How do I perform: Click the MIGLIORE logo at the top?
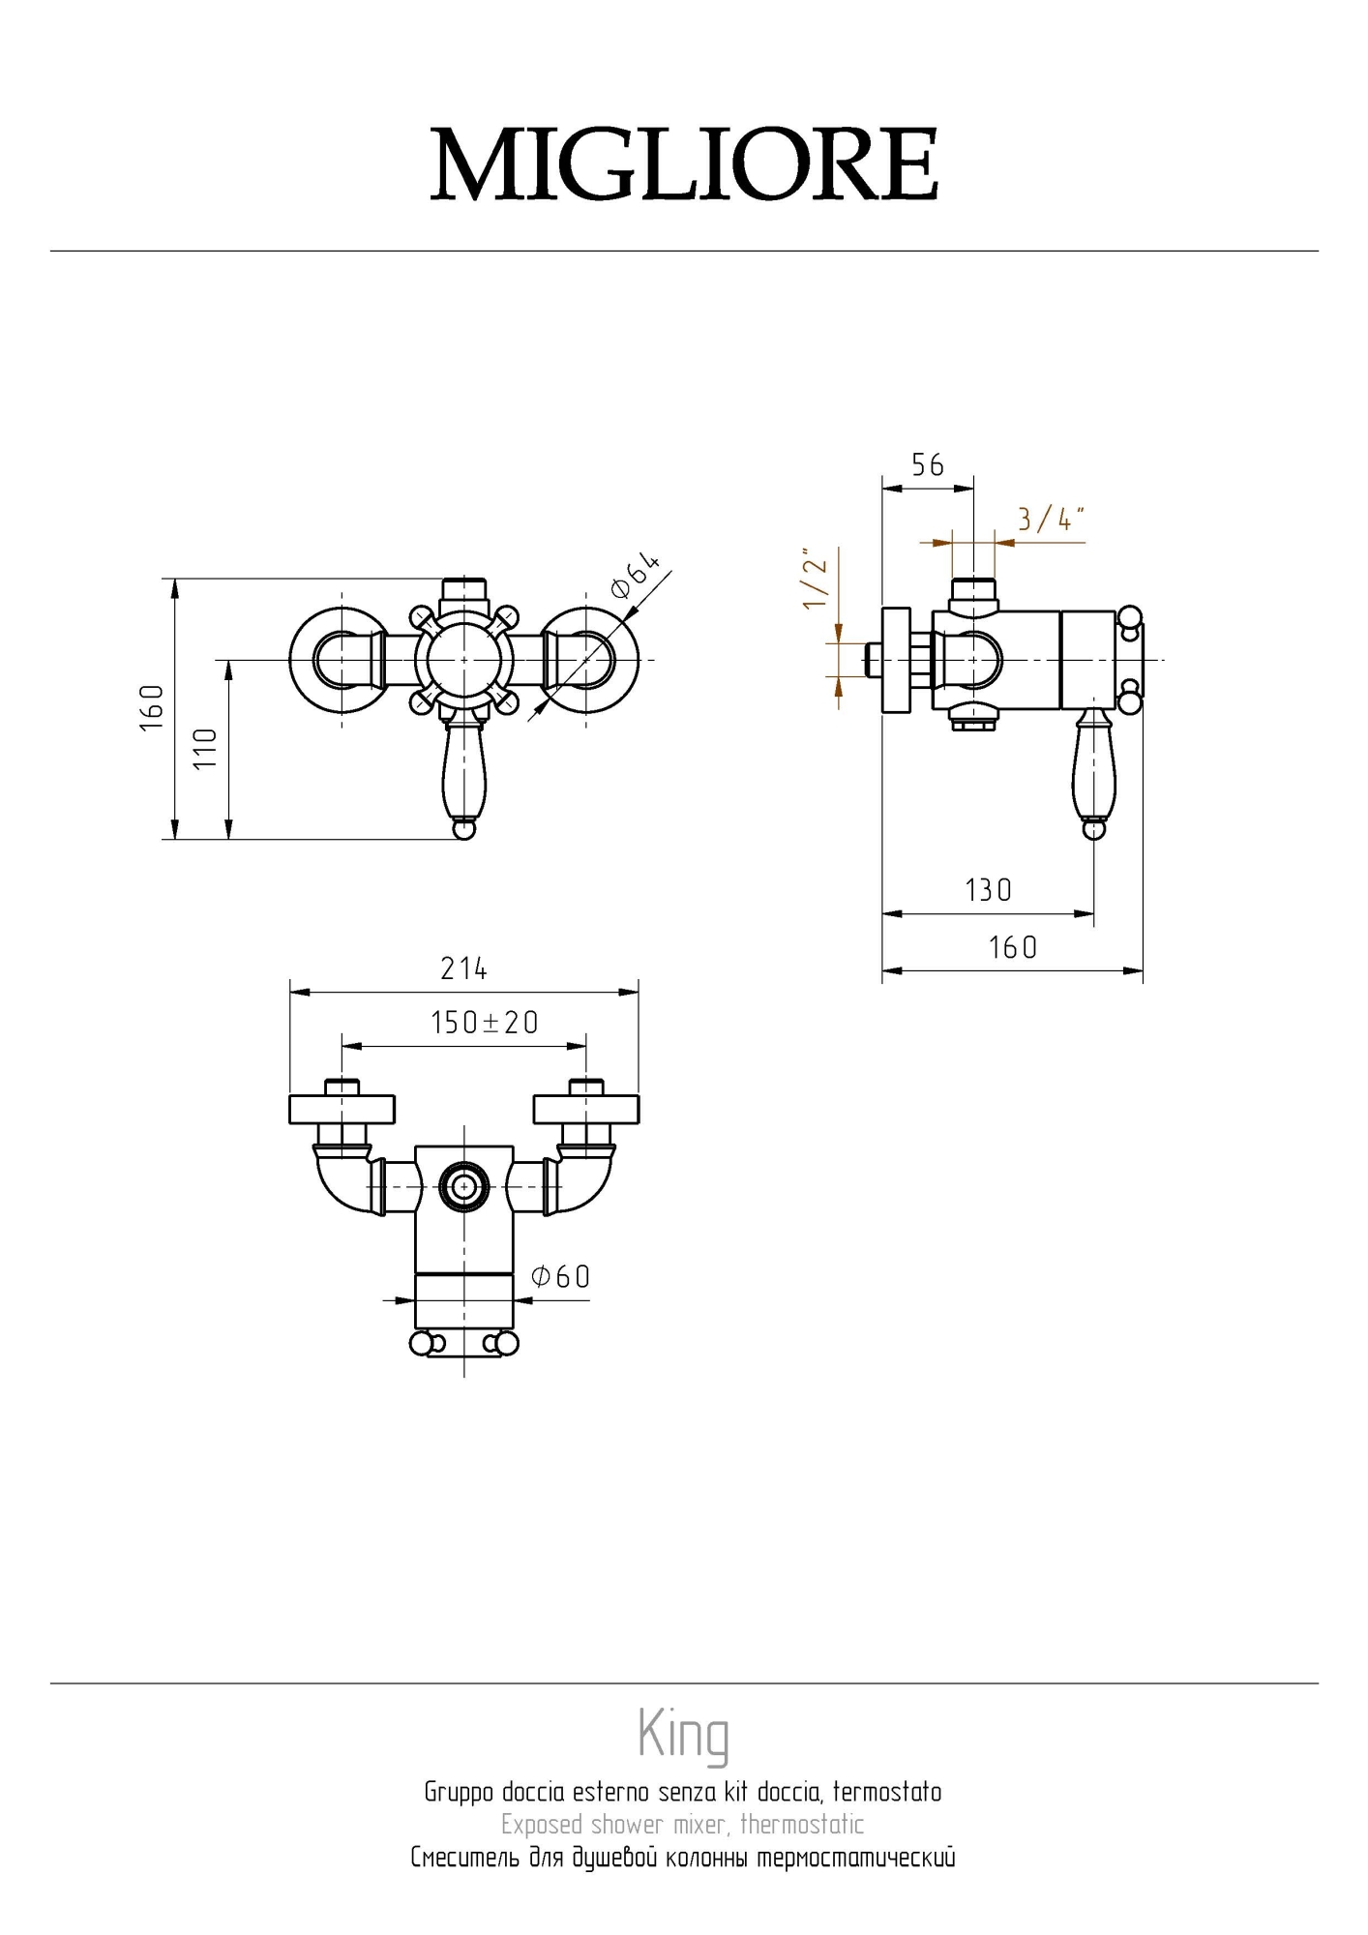coord(684,164)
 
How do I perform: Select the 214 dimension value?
coord(463,968)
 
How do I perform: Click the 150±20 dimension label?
coord(484,1023)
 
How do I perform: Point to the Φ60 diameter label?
coord(560,1277)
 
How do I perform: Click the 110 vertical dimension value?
coord(205,749)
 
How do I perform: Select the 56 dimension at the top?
coord(927,465)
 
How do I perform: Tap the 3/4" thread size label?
coord(1051,520)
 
